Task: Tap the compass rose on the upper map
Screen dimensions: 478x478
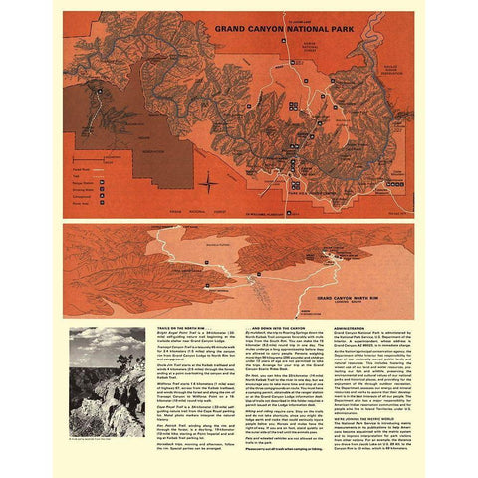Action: [x=207, y=183]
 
